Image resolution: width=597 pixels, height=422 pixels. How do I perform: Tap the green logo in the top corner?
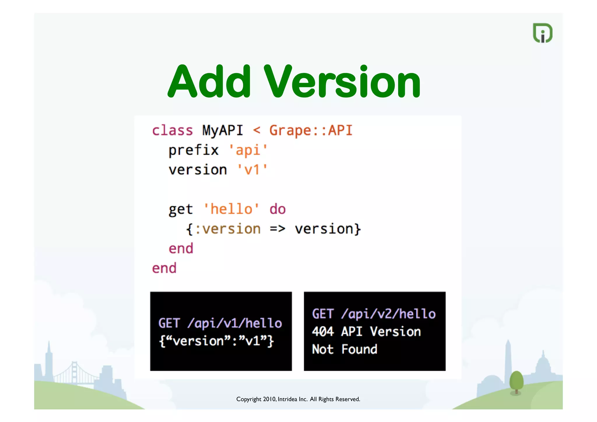tap(542, 33)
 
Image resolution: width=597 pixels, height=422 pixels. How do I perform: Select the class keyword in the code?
tap(172, 130)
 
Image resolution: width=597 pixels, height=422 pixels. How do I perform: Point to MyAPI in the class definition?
tap(223, 130)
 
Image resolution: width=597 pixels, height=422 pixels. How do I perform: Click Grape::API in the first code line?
tap(311, 130)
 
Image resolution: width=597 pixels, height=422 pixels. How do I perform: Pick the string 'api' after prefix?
tap(248, 150)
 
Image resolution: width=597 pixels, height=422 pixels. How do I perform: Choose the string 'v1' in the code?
tap(252, 170)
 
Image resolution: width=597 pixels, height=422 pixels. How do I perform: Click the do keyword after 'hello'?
tap(278, 209)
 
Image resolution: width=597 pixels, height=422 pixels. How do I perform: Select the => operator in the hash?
tap(277, 229)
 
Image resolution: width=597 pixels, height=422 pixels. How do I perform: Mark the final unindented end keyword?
tap(164, 268)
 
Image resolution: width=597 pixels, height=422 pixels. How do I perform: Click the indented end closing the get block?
tap(181, 249)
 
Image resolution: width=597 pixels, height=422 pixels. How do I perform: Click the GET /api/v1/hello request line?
tap(220, 323)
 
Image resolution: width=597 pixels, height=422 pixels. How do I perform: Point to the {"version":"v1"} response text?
tap(216, 341)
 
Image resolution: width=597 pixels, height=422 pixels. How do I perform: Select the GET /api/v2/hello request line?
tap(374, 314)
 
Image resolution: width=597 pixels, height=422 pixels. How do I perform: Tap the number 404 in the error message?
tap(323, 332)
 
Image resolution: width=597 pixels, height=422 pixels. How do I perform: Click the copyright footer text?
tap(298, 399)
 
